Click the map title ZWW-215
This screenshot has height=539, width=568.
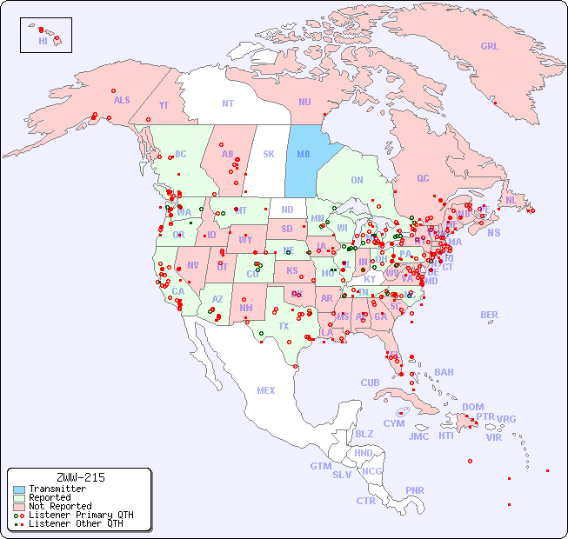coord(80,477)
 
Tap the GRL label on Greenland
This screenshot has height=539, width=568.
coord(490,47)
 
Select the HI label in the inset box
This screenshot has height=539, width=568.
coord(43,41)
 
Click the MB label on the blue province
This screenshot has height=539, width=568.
coord(304,154)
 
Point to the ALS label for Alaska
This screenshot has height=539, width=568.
coord(122,100)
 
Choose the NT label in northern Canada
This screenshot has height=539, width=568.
coord(228,103)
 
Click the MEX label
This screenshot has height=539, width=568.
coord(266,390)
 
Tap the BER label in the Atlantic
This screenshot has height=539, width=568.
coord(490,315)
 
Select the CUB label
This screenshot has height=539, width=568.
coord(370,383)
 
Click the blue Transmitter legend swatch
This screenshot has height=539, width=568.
coord(19,489)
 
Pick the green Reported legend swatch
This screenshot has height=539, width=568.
coord(19,498)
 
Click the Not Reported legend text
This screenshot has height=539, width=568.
coord(60,506)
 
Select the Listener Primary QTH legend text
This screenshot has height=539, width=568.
coord(81,515)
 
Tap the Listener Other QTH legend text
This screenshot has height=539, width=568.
coord(76,523)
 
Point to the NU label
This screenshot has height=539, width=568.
coord(304,102)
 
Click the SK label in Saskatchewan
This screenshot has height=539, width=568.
coord(269,154)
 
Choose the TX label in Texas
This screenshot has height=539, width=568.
coord(284,326)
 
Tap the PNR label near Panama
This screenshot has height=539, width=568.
coord(415,490)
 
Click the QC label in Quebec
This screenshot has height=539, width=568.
coord(423,178)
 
